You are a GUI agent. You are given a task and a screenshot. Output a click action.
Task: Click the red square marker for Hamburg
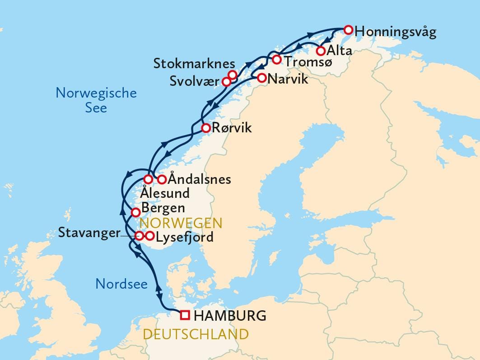click(x=185, y=315)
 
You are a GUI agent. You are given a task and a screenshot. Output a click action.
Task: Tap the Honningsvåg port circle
click(x=348, y=30)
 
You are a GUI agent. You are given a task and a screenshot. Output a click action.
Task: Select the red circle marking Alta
click(x=321, y=51)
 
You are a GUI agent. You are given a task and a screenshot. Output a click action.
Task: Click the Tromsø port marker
click(x=276, y=60)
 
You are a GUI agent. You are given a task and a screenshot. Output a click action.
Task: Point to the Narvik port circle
click(x=261, y=78)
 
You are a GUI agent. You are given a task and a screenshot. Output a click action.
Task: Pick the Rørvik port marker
click(x=205, y=128)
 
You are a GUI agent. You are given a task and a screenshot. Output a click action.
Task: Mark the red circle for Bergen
click(x=135, y=212)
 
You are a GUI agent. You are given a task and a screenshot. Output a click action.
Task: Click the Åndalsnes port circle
click(x=162, y=179)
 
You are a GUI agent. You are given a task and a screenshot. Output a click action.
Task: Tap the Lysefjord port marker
click(x=150, y=235)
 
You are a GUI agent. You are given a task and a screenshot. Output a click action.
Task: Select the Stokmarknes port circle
click(x=233, y=75)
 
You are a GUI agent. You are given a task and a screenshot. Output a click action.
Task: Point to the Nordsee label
click(x=121, y=284)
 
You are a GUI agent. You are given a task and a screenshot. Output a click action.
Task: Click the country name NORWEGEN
click(x=181, y=223)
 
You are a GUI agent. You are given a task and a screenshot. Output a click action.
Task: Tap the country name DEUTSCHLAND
click(x=196, y=334)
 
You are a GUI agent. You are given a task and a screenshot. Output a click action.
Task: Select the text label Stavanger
click(x=89, y=233)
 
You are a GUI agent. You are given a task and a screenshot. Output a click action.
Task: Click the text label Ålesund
click(x=164, y=193)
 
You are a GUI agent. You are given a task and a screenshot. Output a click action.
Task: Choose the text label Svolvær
click(x=195, y=81)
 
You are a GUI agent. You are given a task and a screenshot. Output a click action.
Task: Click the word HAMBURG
click(x=229, y=315)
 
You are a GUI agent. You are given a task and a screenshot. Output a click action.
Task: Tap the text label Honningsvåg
click(x=396, y=33)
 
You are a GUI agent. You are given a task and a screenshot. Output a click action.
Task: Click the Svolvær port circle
click(x=227, y=82)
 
